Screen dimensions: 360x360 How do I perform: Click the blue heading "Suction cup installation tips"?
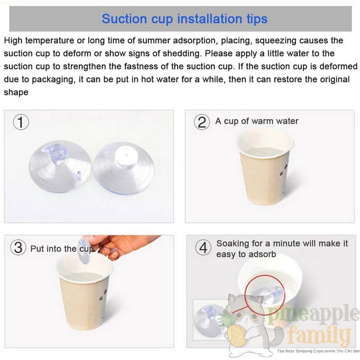click(x=185, y=19)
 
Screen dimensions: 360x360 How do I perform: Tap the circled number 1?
click(x=21, y=122)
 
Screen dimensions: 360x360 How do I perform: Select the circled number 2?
click(x=202, y=122)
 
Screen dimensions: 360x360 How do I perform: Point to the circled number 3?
click(x=18, y=248)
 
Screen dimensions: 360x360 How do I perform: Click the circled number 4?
click(x=203, y=248)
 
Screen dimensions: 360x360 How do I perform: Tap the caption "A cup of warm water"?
click(x=257, y=121)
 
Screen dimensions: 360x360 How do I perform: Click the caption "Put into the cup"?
click(x=62, y=249)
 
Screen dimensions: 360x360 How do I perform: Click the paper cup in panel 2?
click(x=264, y=167)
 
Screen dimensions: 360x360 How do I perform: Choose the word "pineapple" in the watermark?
click(x=312, y=314)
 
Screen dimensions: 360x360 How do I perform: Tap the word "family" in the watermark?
click(x=319, y=336)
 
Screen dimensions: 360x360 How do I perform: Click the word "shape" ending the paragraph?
click(x=16, y=93)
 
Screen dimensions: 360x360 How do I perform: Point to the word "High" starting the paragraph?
click(x=13, y=41)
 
